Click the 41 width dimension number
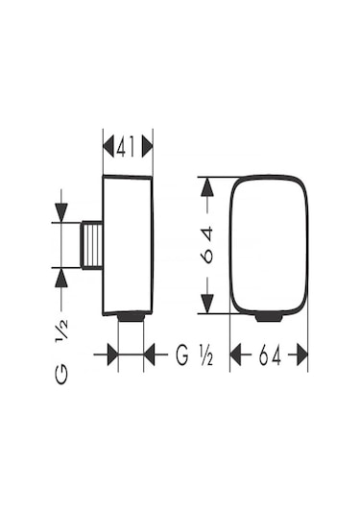126,145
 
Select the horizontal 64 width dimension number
270,355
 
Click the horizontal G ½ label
195,355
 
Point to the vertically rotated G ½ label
61,352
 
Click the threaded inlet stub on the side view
92,246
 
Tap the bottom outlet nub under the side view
131,317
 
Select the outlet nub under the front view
269,318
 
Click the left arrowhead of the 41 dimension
108,146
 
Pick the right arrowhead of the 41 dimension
148,146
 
